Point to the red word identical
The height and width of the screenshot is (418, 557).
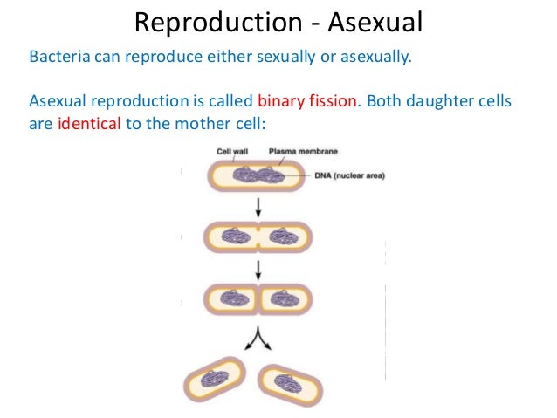(x=90, y=123)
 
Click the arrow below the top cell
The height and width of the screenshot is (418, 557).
(x=258, y=208)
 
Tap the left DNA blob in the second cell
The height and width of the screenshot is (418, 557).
(x=233, y=236)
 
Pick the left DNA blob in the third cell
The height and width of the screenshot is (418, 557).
(x=234, y=298)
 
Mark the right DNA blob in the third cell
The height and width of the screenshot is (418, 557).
(x=282, y=298)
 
